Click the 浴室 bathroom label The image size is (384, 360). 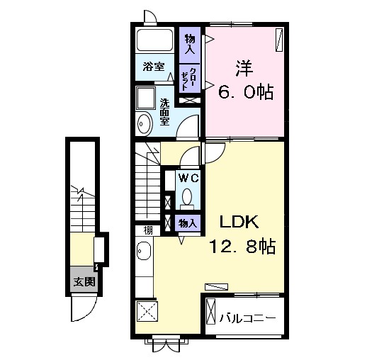(154, 67)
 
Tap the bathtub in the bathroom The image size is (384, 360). (154, 40)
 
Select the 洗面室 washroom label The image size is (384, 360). (164, 112)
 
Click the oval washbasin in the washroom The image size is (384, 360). (145, 123)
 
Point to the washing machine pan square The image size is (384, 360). (146, 99)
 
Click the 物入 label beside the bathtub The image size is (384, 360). (190, 45)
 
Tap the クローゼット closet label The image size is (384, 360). (189, 79)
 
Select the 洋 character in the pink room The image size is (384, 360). (244, 69)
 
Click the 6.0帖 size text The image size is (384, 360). (246, 92)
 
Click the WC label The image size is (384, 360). (188, 178)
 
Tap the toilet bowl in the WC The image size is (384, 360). (187, 196)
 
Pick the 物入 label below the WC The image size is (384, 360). (188, 223)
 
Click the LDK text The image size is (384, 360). (239, 222)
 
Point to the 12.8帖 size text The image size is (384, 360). (242, 246)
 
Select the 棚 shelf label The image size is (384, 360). (148, 230)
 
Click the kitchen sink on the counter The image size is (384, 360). (144, 251)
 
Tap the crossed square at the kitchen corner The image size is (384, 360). (147, 311)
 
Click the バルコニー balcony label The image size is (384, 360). (247, 318)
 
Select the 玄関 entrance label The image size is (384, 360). (84, 282)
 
